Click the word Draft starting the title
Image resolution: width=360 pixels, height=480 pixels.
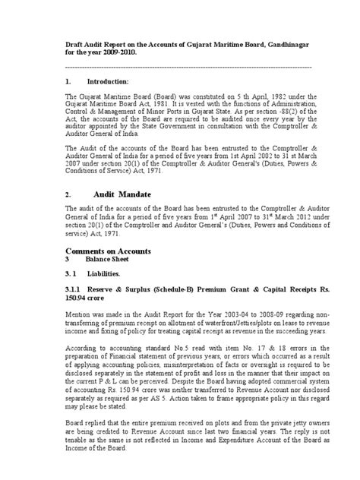(74, 45)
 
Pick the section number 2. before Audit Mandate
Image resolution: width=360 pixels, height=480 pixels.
(68, 194)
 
